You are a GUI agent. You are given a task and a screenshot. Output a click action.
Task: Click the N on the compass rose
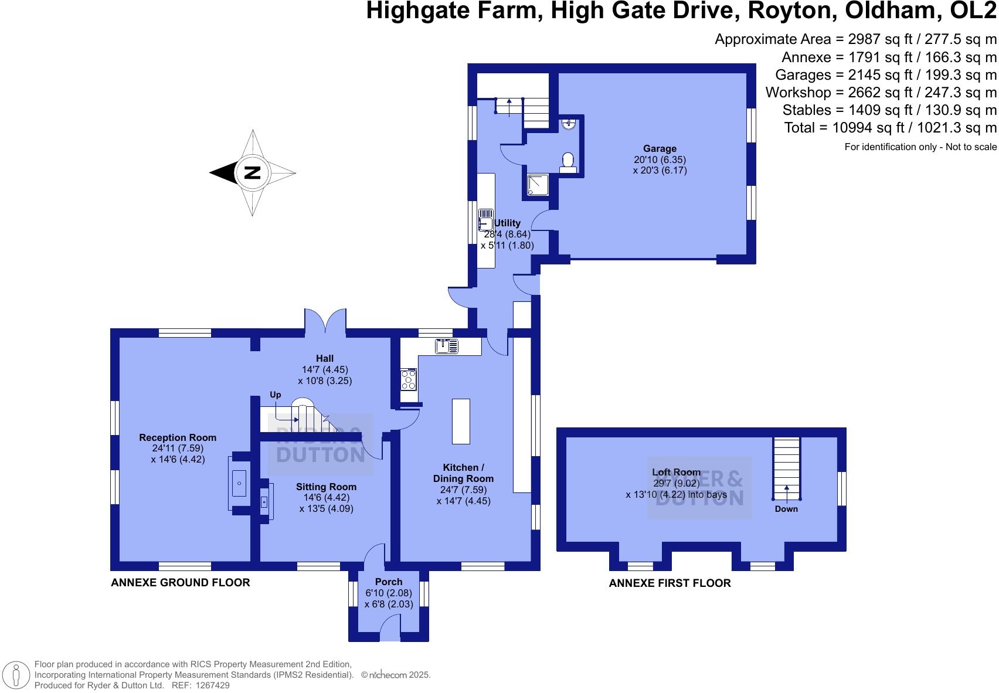[252, 173]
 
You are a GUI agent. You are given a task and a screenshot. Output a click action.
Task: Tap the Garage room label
[660, 149]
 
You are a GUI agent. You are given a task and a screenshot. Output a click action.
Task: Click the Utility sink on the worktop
[485, 220]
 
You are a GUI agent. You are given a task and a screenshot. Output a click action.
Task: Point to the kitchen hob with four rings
[408, 379]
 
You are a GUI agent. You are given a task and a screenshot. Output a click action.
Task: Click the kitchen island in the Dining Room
[461, 421]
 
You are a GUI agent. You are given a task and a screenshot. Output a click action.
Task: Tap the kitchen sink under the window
[450, 346]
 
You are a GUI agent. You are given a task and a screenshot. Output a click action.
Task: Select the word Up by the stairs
[275, 395]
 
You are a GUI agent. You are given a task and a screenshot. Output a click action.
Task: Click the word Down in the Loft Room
[786, 509]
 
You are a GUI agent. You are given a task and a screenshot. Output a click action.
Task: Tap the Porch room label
[389, 582]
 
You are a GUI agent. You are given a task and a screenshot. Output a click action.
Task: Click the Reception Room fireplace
[239, 483]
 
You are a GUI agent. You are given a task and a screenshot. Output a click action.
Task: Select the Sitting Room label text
[326, 487]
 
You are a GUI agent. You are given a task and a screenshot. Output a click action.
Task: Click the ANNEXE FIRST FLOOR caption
[670, 583]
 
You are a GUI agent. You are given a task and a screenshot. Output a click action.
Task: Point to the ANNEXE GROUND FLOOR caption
[181, 582]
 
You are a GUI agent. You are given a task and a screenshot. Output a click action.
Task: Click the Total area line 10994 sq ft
[890, 128]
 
